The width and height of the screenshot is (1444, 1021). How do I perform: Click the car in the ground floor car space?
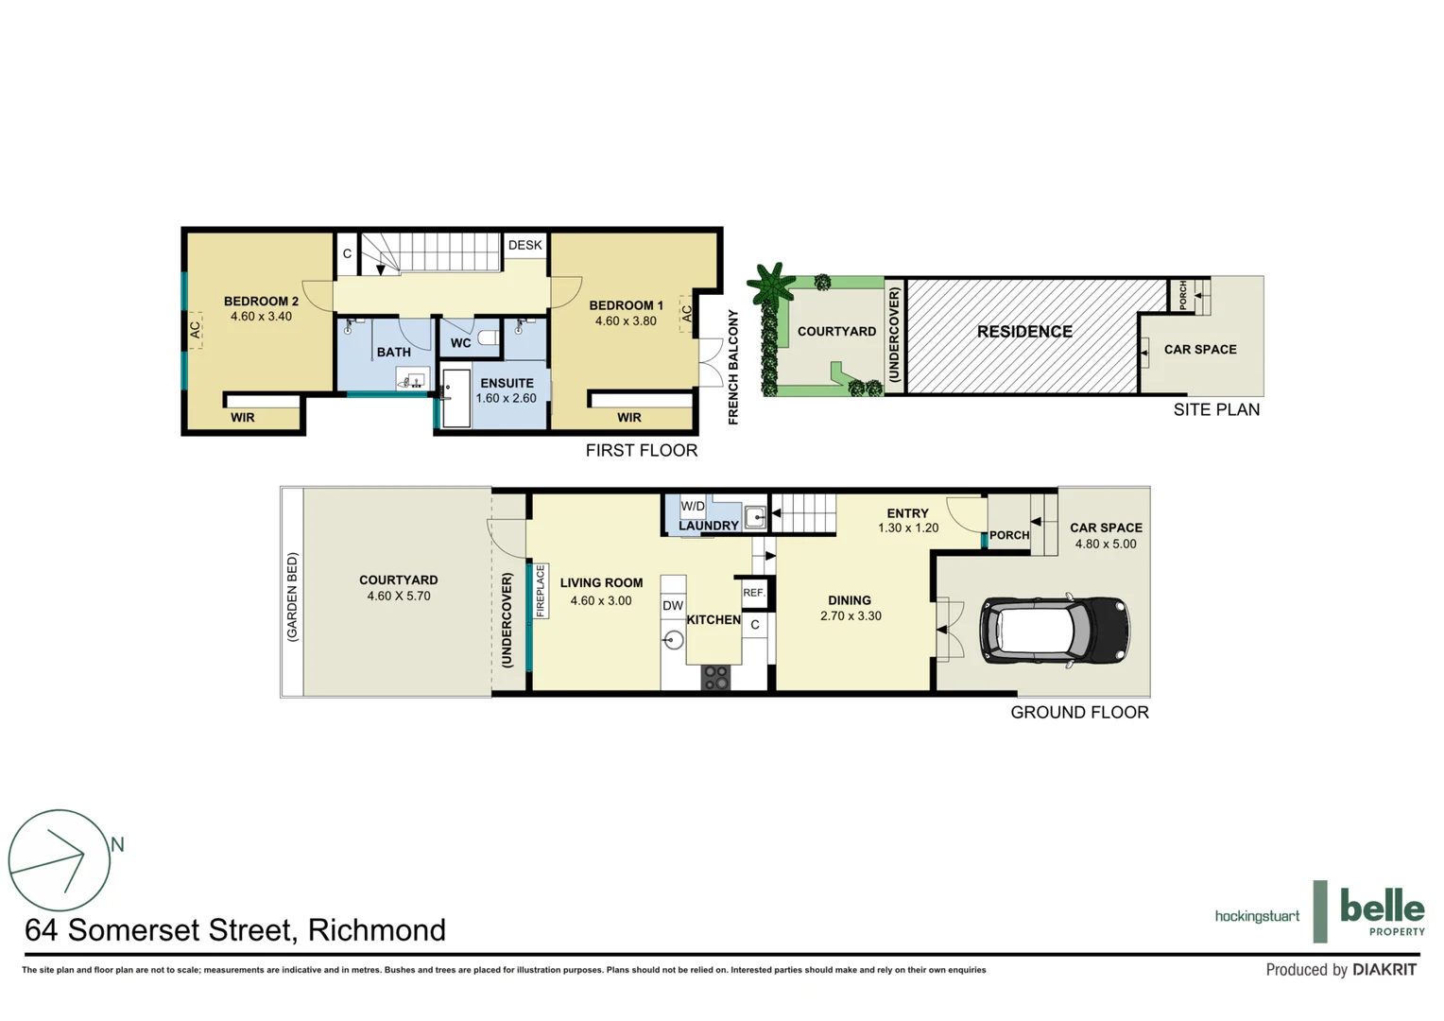click(1054, 631)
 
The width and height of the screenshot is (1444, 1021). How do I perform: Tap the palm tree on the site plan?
click(772, 284)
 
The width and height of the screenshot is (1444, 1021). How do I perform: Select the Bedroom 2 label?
click(261, 302)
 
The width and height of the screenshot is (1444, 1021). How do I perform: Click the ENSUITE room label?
click(507, 383)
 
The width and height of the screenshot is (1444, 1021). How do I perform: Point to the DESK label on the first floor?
click(525, 245)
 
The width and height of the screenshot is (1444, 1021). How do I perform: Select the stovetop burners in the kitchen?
click(715, 677)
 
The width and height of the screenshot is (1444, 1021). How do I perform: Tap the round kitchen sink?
click(673, 640)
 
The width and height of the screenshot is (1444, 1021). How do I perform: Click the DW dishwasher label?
click(672, 606)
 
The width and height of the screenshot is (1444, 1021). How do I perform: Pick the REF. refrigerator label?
click(753, 592)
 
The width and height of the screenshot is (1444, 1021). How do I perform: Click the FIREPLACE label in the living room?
click(541, 591)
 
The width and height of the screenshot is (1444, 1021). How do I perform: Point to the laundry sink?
click(754, 516)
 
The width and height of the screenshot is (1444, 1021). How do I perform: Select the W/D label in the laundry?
click(693, 506)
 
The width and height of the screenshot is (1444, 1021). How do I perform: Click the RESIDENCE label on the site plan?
click(1024, 332)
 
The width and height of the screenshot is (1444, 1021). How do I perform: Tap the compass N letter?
click(117, 844)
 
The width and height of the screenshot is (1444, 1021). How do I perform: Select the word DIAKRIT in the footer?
click(1384, 969)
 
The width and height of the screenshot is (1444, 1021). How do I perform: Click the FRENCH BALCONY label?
click(732, 367)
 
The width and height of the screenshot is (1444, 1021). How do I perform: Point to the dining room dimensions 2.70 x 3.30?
click(851, 615)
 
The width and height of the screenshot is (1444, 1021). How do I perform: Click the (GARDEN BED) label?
click(292, 597)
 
